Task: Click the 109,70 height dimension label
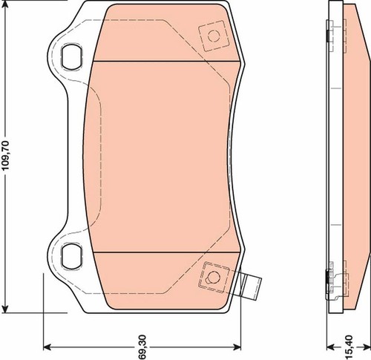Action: (5, 155)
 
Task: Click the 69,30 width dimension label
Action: (142, 347)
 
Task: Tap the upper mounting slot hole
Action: (72, 56)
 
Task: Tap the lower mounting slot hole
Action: (72, 257)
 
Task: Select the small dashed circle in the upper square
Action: (214, 36)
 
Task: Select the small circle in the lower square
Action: (212, 277)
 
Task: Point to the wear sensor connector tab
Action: (250, 286)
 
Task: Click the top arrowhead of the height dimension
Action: (5, 4)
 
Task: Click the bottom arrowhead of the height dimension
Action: (5, 309)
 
